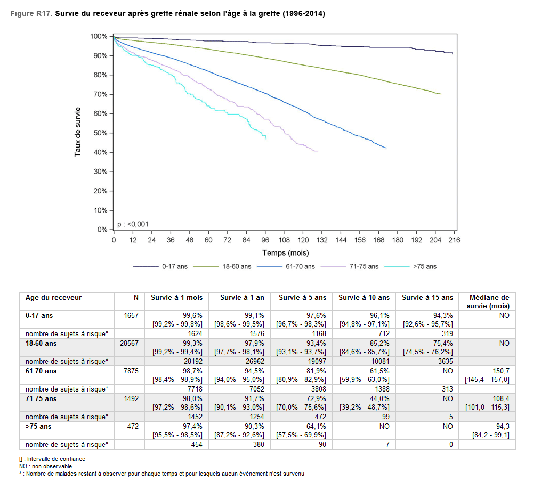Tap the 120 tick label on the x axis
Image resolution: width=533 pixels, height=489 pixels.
303,240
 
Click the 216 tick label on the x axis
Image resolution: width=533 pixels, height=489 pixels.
454,240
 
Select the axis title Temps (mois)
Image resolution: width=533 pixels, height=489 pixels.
285,253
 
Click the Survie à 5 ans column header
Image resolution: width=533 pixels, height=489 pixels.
301,298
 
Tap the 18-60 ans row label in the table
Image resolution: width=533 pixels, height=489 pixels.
41,344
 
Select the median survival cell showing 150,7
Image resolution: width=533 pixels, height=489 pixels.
499,371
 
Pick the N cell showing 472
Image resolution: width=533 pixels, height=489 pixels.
132,427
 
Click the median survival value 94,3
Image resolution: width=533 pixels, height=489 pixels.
501,427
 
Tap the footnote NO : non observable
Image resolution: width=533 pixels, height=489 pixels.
45,466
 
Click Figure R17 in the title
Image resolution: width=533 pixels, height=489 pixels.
31,13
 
